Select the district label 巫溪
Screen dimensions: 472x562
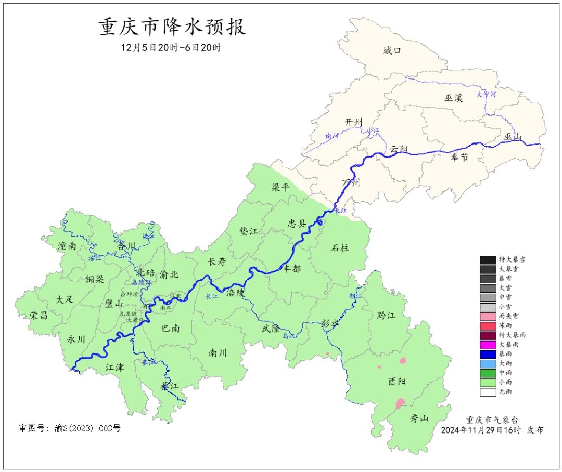point(454,98)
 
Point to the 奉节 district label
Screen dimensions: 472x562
point(459,158)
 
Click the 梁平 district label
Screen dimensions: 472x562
point(280,187)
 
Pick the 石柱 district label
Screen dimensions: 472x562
point(340,248)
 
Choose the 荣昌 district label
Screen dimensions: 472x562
point(39,316)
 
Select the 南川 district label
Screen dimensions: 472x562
point(218,353)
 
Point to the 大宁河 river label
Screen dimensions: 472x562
point(487,95)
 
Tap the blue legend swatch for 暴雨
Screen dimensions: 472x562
point(488,353)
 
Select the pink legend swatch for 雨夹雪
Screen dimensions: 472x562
point(488,316)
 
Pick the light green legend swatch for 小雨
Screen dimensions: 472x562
point(488,382)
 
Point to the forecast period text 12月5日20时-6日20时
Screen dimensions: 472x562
point(171,48)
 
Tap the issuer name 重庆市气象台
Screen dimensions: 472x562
point(492,420)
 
